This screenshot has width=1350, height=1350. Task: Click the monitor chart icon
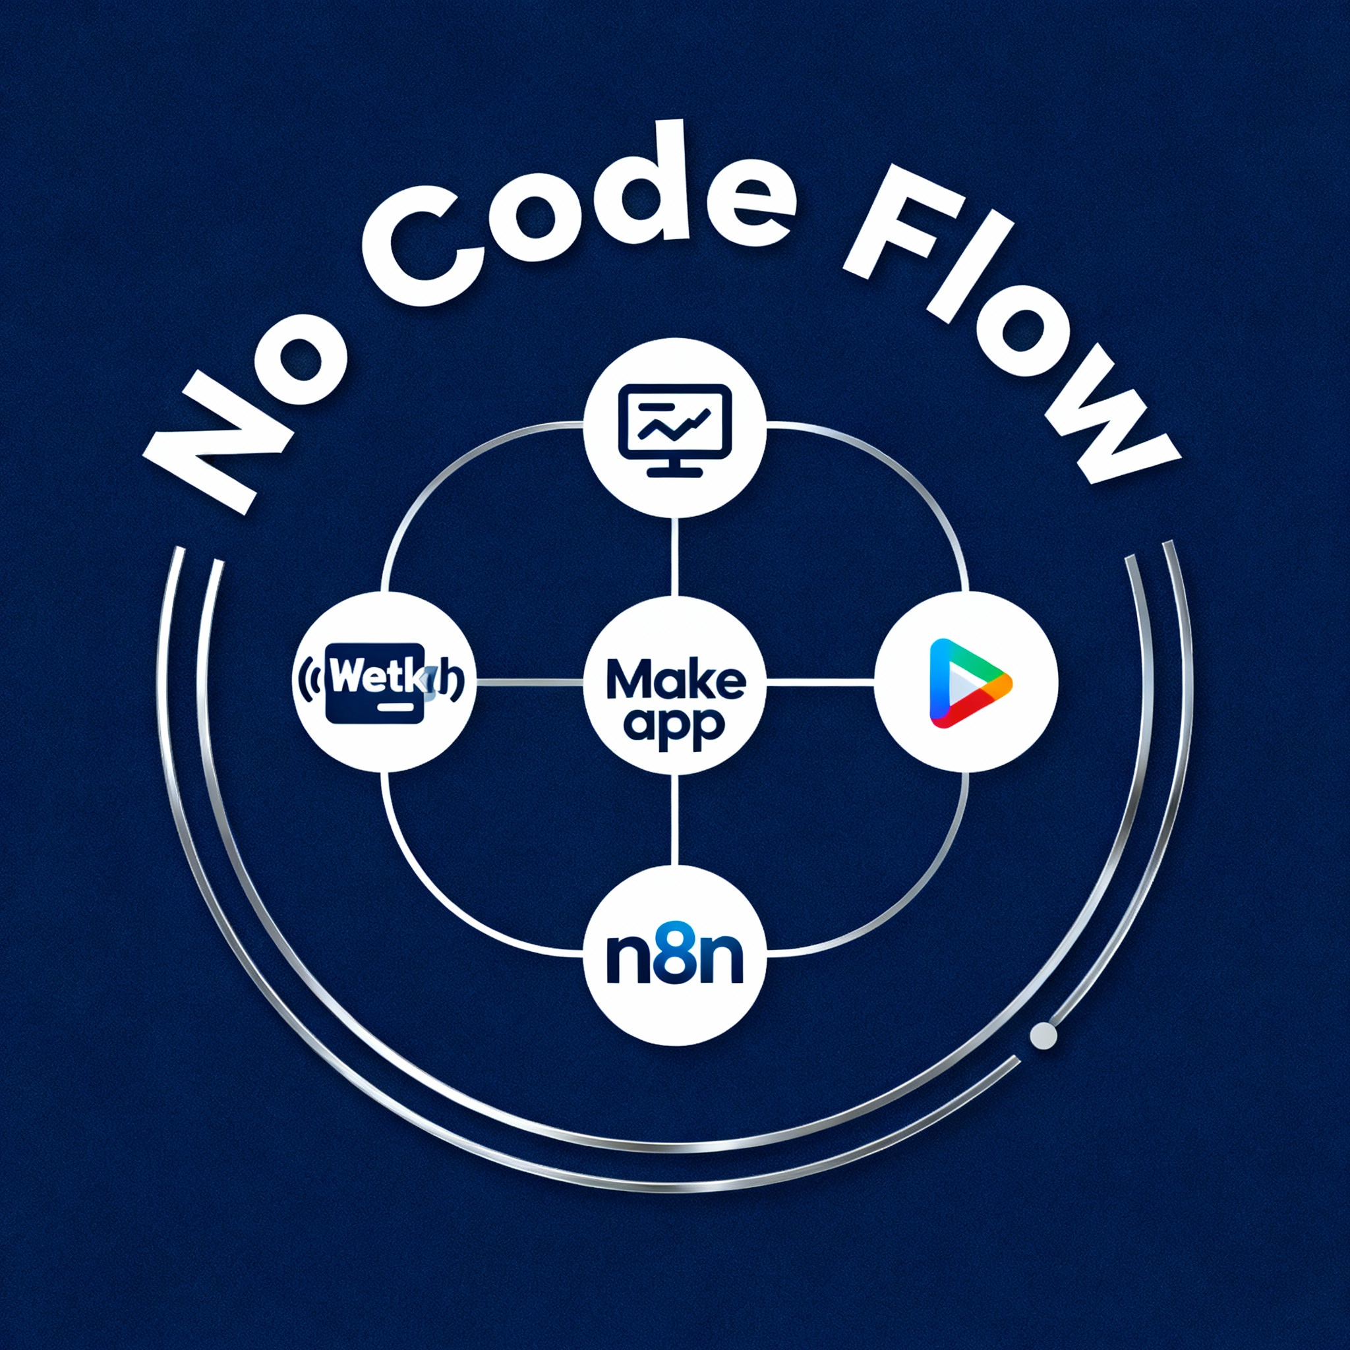pyautogui.click(x=674, y=429)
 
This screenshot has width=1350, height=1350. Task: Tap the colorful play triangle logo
pyautogui.click(x=967, y=682)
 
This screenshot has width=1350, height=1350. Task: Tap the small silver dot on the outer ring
pyautogui.click(x=1044, y=1036)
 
